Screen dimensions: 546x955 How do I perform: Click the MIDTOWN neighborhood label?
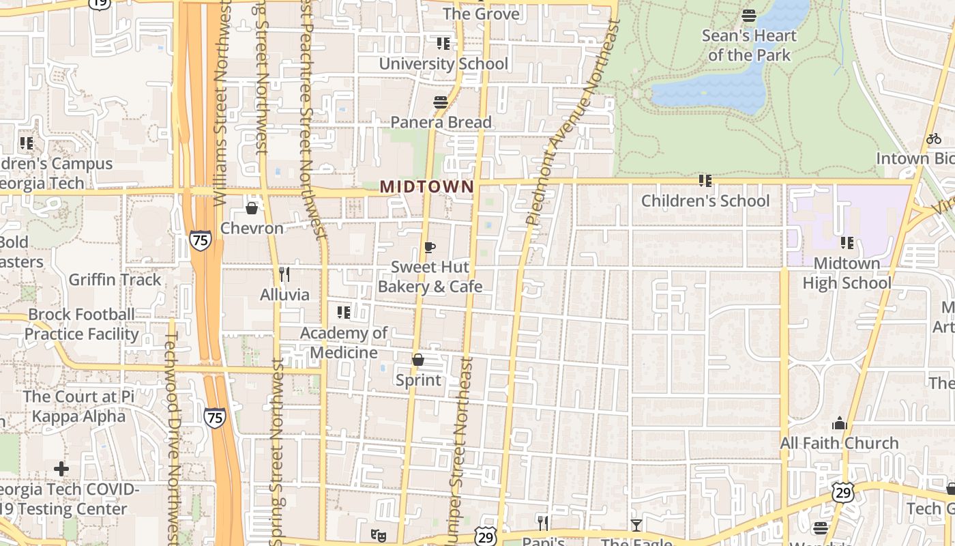[427, 186]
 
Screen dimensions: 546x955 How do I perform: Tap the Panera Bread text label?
[441, 122]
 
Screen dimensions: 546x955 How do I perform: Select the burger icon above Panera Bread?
[441, 102]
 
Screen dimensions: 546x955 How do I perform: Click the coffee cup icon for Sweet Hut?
[429, 247]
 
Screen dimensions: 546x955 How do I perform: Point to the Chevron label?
[252, 228]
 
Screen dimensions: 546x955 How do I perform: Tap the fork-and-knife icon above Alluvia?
[284, 274]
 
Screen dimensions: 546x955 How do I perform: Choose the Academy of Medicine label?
[344, 343]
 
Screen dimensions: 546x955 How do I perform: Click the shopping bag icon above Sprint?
[418, 360]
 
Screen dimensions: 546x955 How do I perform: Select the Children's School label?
[705, 201]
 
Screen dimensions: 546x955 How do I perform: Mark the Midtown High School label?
[847, 273]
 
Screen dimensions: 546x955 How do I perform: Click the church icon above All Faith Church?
[840, 424]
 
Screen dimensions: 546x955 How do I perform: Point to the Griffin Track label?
[115, 279]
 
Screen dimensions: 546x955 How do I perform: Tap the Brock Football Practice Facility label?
[81, 324]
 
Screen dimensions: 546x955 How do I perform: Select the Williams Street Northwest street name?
[221, 102]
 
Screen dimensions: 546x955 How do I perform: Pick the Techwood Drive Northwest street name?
[173, 437]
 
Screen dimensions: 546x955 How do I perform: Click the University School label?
[443, 63]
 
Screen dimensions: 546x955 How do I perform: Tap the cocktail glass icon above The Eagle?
[636, 524]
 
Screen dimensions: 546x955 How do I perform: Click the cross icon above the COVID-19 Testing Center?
[61, 469]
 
